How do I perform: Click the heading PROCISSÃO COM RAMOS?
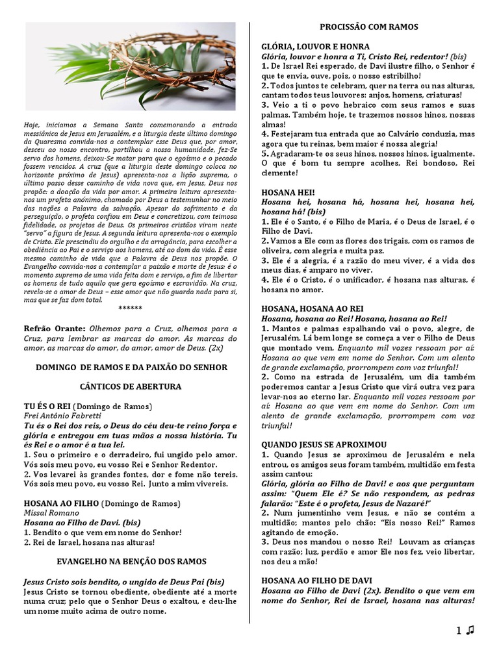368,27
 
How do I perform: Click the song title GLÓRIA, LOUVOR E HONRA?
315,47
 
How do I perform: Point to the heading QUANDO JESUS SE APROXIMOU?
324,444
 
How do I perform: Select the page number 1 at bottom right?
458,630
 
